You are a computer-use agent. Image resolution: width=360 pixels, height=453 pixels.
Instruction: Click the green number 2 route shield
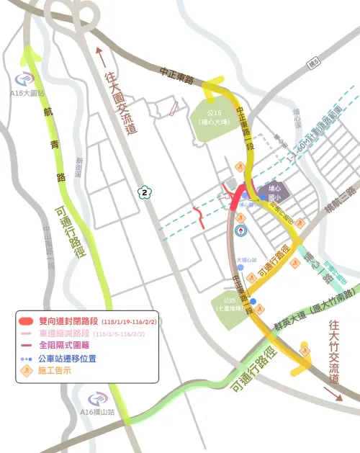[145, 192]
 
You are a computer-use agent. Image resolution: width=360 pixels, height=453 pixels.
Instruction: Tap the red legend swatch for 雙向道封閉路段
[27, 320]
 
